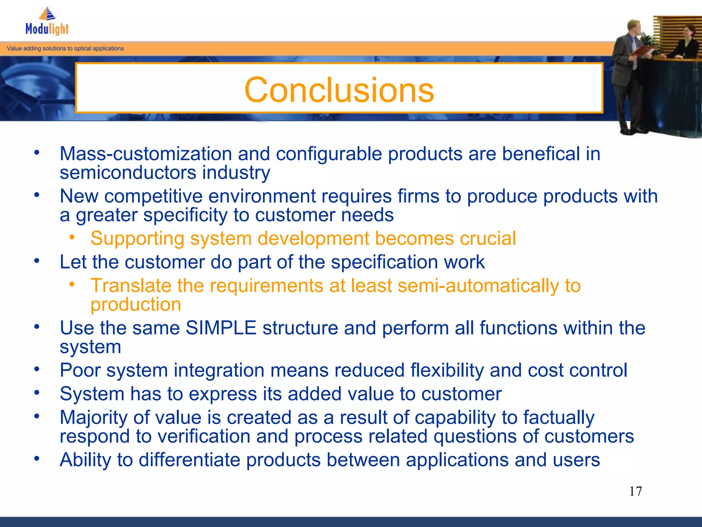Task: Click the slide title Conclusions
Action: click(x=339, y=90)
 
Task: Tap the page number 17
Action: click(x=635, y=491)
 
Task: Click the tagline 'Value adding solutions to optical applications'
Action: click(x=65, y=48)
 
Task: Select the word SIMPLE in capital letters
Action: click(x=221, y=328)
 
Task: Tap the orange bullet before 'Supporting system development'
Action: click(x=72, y=237)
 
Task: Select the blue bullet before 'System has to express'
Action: click(x=37, y=392)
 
